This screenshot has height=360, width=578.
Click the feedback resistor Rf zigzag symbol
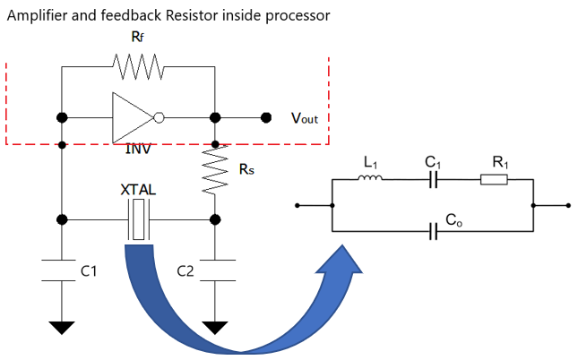[x=138, y=65]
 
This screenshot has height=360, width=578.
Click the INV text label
[x=139, y=149]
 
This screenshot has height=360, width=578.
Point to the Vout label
[x=304, y=118]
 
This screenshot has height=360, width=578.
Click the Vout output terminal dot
[x=265, y=117]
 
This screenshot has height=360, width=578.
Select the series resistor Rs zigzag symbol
[x=215, y=169]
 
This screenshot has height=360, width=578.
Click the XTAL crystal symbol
[x=138, y=219]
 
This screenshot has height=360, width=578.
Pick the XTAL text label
[x=137, y=192]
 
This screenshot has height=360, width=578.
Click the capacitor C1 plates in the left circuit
[x=61, y=271]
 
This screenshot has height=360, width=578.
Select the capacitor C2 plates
[x=215, y=271]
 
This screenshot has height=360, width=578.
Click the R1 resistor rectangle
[x=494, y=179]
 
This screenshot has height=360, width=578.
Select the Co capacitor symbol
[x=434, y=231]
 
